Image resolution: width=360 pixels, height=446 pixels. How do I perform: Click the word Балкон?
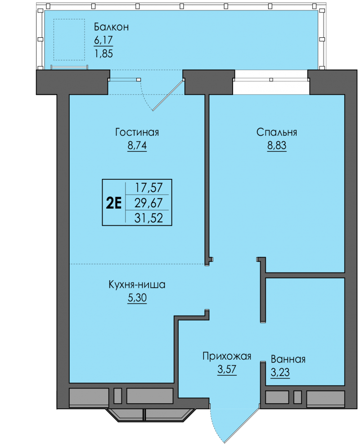[111, 27]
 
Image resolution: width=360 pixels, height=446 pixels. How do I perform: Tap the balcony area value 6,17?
[103, 40]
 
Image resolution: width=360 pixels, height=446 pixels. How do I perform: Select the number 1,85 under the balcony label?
[103, 54]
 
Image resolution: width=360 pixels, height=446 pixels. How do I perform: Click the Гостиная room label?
[137, 132]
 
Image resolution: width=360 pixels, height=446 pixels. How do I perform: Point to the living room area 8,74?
[137, 145]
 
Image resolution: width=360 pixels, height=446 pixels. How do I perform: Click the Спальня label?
[277, 132]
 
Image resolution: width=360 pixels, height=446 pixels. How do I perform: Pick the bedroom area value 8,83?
[277, 145]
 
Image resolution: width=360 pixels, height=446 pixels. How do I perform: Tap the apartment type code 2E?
[113, 203]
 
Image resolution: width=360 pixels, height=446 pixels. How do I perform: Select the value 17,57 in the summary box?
[148, 188]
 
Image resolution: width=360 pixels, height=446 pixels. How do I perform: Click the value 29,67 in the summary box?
[148, 203]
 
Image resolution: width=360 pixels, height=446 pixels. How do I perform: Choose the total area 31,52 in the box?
[148, 218]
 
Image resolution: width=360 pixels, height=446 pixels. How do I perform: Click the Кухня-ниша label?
[137, 285]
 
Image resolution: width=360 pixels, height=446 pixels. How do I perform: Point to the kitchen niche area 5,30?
[137, 298]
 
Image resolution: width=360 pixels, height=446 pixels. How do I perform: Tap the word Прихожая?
[227, 356]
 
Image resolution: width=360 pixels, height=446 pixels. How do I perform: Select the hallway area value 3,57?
[227, 369]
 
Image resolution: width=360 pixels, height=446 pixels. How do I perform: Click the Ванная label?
[288, 359]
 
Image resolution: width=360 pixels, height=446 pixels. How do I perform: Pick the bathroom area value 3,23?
[280, 372]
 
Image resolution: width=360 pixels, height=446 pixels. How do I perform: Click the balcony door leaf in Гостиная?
[168, 95]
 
